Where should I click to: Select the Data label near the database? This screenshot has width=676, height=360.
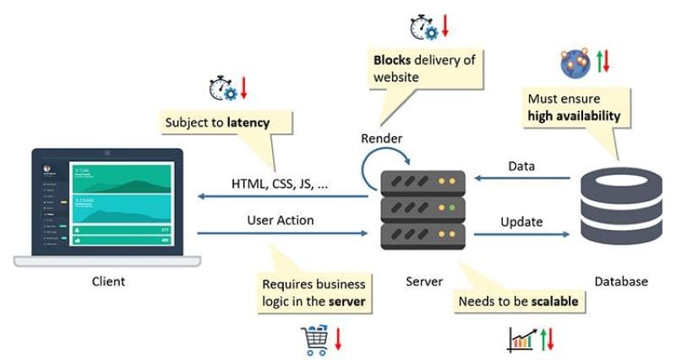pos(521,167)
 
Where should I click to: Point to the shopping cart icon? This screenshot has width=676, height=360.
pos(314,339)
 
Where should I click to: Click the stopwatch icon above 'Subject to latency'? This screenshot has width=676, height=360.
pos(221,88)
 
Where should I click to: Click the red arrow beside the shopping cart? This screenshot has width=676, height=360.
pos(337,338)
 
